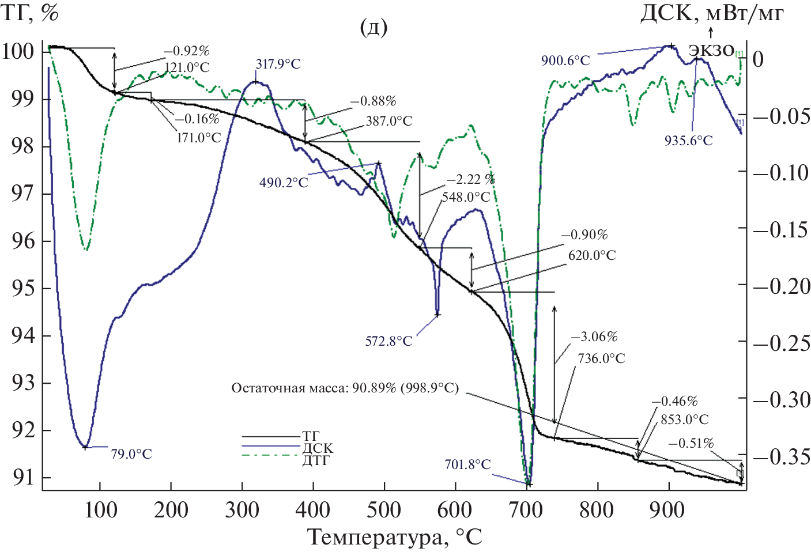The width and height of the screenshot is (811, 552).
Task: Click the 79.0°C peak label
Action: point(131,454)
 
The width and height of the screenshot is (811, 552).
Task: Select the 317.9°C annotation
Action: point(278,64)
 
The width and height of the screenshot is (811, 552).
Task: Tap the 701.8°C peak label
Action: point(467,464)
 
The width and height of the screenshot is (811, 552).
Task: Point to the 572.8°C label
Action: point(388,341)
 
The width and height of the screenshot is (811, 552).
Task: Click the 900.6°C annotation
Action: point(565,61)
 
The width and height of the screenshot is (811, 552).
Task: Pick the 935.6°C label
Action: point(688,141)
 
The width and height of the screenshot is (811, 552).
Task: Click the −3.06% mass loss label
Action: point(594,337)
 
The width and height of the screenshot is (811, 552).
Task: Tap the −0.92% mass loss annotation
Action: point(186,51)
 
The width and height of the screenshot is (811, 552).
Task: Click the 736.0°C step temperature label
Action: point(601,358)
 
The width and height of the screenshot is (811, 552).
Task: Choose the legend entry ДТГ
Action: point(318,460)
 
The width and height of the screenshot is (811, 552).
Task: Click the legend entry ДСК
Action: point(318,448)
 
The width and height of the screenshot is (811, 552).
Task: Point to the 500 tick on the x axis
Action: point(384,510)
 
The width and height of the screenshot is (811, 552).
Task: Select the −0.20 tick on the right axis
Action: point(782,286)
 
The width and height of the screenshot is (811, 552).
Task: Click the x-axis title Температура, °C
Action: point(394,537)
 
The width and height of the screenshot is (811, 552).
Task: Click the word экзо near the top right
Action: point(712,50)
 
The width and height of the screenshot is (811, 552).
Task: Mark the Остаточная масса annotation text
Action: point(345,388)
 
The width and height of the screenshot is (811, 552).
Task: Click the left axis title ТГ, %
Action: point(30,13)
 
